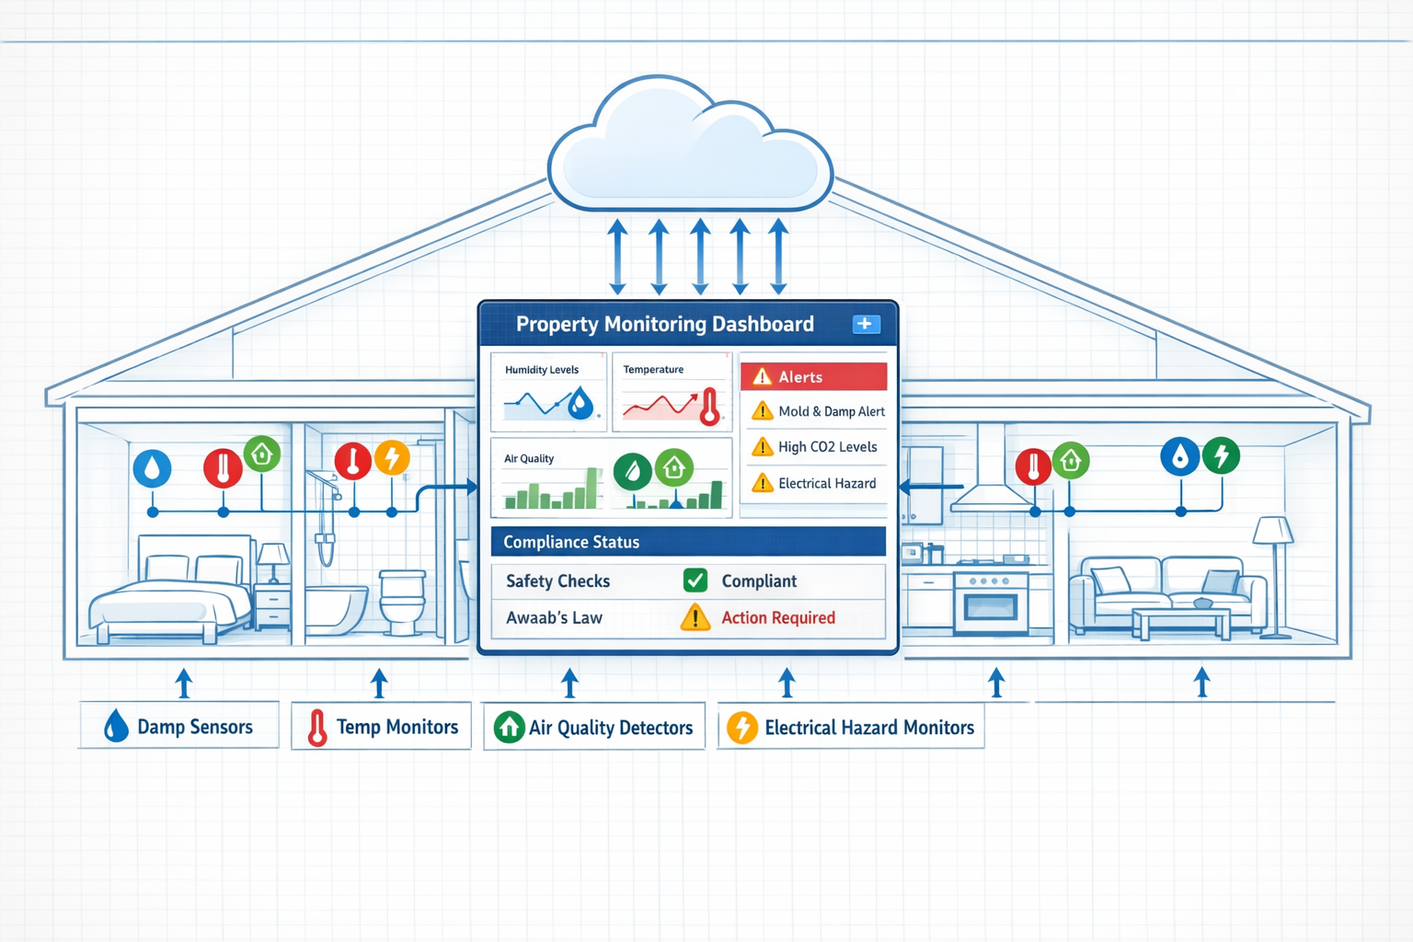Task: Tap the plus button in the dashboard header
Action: pos(866,324)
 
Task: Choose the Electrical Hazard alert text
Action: pos(827,483)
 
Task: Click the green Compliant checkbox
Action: pos(695,580)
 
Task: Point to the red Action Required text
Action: pos(778,618)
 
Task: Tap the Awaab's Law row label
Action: pos(554,618)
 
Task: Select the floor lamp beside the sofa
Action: pos(1274,570)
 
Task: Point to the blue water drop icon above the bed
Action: pos(153,468)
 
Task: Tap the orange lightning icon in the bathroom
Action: pos(392,457)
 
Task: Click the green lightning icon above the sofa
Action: pos(1221,455)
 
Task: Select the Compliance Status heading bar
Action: pos(688,542)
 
